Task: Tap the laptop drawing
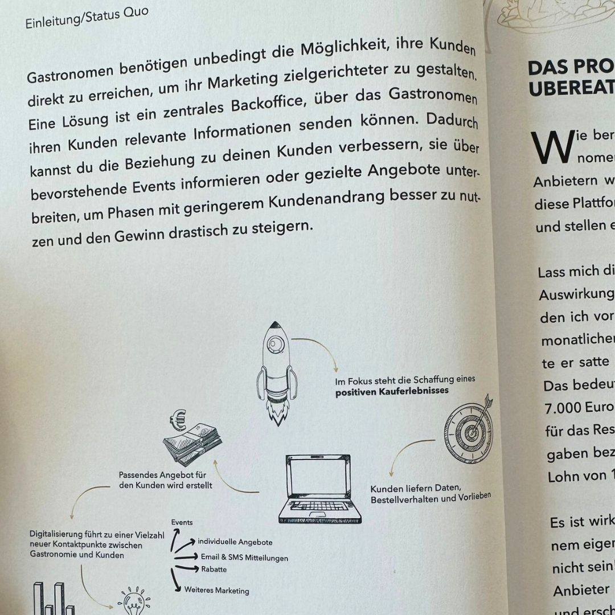click(x=319, y=488)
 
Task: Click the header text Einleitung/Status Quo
click(x=87, y=18)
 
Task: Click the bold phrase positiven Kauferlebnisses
click(x=391, y=391)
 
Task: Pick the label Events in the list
click(x=182, y=522)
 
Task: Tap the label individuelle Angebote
click(x=235, y=542)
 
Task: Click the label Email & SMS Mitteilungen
click(x=244, y=557)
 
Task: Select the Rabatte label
click(x=214, y=569)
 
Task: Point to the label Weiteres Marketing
click(x=216, y=590)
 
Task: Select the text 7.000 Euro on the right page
click(x=571, y=408)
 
